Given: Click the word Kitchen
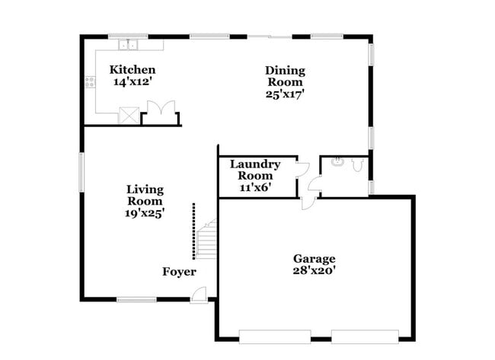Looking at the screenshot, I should click(133, 69).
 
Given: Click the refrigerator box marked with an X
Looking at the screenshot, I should click(128, 116).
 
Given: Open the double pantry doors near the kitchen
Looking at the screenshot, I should click(161, 111).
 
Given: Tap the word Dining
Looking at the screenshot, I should click(284, 71).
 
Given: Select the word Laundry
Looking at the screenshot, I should click(255, 164).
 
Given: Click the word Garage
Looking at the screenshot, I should click(314, 259).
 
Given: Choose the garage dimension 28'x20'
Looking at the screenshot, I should click(314, 270).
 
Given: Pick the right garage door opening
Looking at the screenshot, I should click(365, 335).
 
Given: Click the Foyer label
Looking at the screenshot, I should click(179, 272).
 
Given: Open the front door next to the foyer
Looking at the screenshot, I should click(199, 295).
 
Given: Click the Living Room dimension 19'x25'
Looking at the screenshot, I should click(145, 213).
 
